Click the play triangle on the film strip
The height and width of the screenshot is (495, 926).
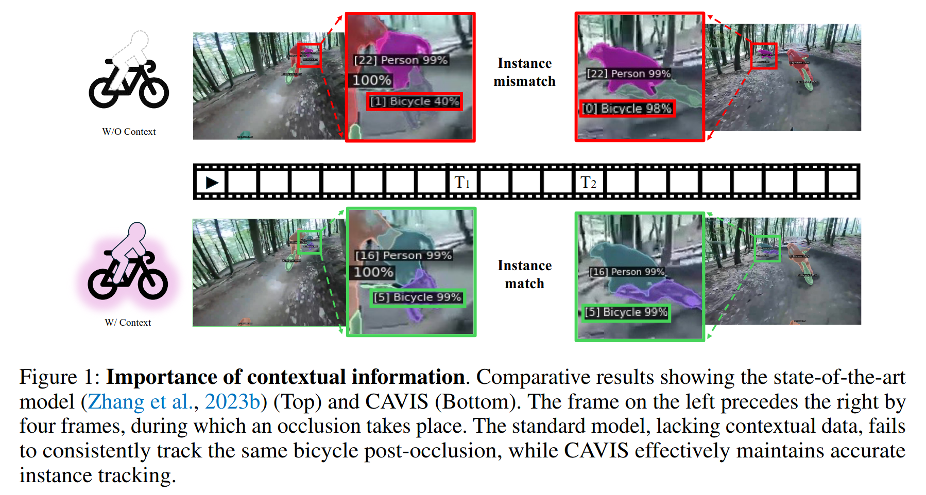pyautogui.click(x=212, y=182)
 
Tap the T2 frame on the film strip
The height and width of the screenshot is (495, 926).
pyautogui.click(x=589, y=182)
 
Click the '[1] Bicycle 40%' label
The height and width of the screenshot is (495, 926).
pyautogui.click(x=415, y=101)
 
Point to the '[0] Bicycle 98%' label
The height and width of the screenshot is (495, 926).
pyautogui.click(x=627, y=109)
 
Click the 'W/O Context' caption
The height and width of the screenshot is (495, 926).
pyautogui.click(x=129, y=132)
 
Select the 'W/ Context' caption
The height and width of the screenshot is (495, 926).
pyautogui.click(x=128, y=323)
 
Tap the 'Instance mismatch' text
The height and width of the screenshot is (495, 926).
pyautogui.click(x=524, y=72)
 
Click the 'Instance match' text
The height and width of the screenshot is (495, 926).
pyautogui.click(x=524, y=274)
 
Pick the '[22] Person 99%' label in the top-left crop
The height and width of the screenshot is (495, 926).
pyautogui.click(x=401, y=60)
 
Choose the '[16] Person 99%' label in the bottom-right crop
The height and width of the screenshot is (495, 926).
pyautogui.click(x=627, y=272)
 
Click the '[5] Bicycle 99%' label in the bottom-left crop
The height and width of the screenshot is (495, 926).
pyautogui.click(x=417, y=297)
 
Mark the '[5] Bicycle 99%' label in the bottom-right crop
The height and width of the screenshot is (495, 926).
pyautogui.click(x=626, y=312)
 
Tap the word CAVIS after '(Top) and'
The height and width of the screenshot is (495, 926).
pyautogui.click(x=397, y=402)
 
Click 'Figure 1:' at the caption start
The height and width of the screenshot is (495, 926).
pyautogui.click(x=60, y=377)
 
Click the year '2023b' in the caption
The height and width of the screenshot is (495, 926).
pyautogui.click(x=233, y=402)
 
